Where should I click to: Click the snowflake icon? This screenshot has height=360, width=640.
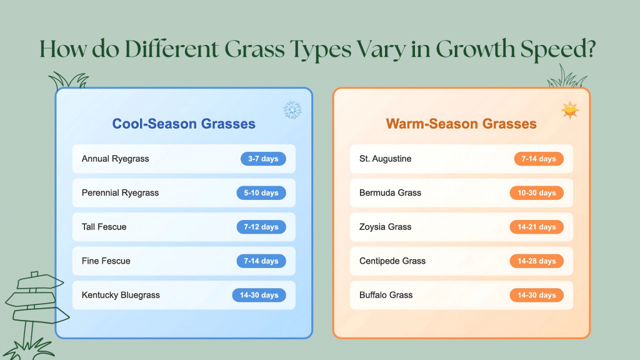point(292,111)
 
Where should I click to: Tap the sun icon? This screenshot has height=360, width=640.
point(570,111)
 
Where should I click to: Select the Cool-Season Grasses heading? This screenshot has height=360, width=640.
point(184,124)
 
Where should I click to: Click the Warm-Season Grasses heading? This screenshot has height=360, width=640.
point(461,124)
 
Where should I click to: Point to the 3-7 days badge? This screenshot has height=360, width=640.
point(263,159)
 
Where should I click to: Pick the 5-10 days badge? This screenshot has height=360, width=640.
point(261,193)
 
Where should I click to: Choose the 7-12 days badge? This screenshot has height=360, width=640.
point(261,227)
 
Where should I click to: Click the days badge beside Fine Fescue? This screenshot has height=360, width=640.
point(261,261)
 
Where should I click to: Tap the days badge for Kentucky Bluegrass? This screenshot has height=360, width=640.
point(259,295)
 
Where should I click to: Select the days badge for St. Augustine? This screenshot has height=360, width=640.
point(539,159)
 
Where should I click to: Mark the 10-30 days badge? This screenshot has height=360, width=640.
point(536,193)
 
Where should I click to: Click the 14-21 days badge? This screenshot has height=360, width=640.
point(536,227)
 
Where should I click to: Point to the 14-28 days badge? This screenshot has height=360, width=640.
point(536,261)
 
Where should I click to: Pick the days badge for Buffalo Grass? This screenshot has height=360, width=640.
point(536,295)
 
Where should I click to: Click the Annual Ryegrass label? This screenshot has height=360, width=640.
point(115,159)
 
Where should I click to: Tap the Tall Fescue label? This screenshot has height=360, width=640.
point(104,227)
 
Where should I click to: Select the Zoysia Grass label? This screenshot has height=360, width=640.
point(385,227)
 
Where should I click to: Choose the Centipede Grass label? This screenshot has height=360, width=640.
point(392,261)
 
